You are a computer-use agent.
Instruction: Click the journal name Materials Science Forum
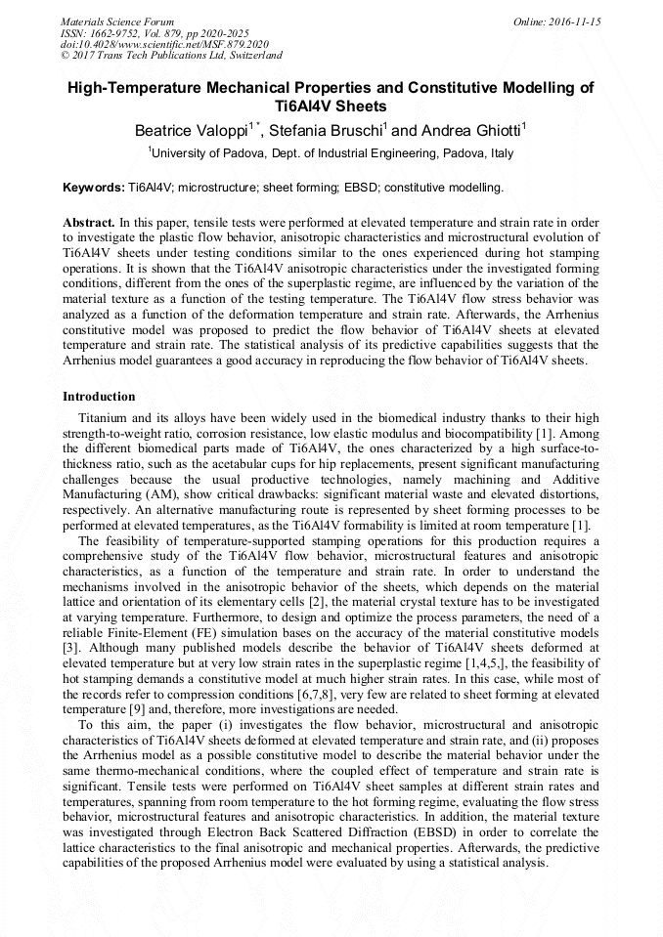pos(117,21)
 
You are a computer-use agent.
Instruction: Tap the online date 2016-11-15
pos(571,21)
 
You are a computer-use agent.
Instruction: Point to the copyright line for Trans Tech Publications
pos(171,56)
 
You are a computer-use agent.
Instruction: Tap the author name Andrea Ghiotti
pos(473,130)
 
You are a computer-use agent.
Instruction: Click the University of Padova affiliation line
pos(331,153)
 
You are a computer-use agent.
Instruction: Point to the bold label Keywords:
pos(94,187)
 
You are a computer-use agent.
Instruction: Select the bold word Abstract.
pos(89,223)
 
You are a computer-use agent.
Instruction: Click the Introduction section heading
pos(99,397)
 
